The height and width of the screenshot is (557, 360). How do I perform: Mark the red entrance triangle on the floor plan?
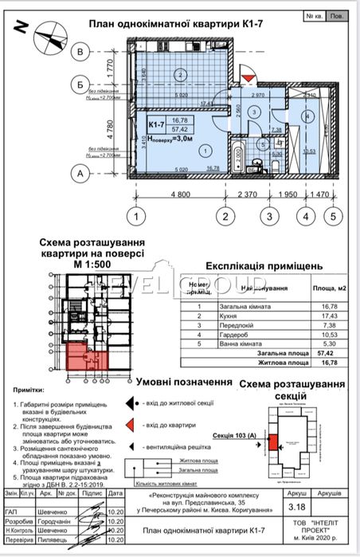click(248, 76)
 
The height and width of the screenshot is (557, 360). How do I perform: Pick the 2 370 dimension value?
click(248, 194)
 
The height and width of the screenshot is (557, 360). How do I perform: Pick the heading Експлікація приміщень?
click(264, 267)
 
